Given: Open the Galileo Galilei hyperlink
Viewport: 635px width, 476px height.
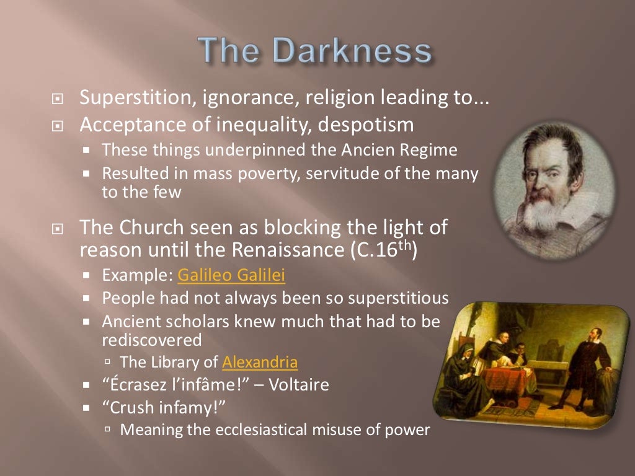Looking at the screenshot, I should pyautogui.click(x=231, y=275).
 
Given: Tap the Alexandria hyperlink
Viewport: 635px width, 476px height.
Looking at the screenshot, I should pyautogui.click(x=260, y=362).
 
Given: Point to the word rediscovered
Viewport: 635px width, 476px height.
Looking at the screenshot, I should pyautogui.click(x=152, y=340).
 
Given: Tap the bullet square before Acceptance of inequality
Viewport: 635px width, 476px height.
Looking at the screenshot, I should pyautogui.click(x=58, y=126).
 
